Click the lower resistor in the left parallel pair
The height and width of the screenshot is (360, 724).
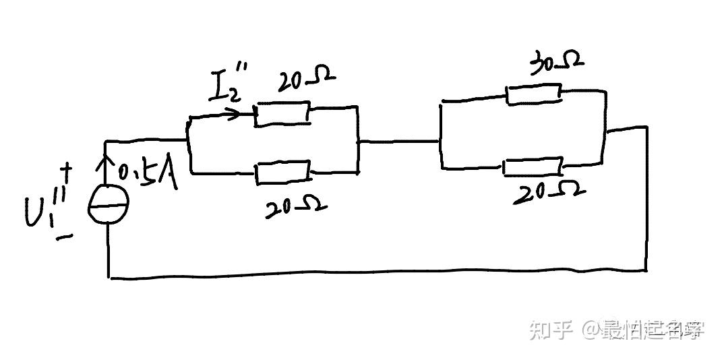(x=283, y=173)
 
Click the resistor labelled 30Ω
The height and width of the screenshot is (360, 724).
(x=533, y=93)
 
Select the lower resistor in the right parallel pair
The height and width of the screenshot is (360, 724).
(x=533, y=166)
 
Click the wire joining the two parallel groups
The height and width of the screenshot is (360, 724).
(x=398, y=142)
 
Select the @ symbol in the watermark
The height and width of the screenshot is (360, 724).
(x=592, y=330)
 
